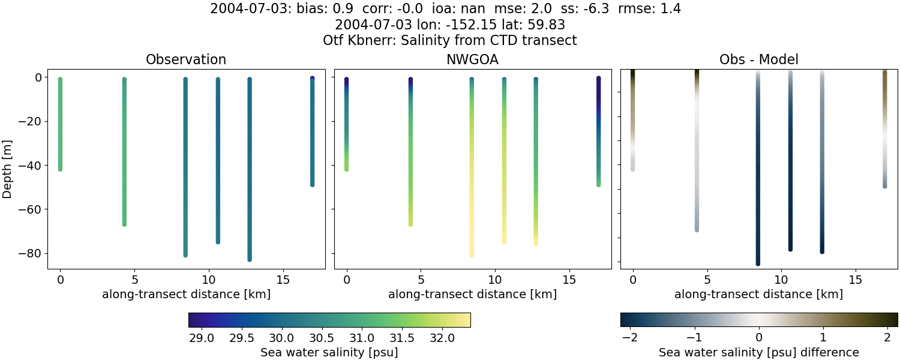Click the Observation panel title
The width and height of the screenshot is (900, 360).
tap(186, 59)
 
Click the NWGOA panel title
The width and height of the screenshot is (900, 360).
tap(472, 59)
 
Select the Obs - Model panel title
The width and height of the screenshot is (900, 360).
tap(758, 59)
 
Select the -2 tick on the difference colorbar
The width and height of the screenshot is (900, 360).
tap(630, 337)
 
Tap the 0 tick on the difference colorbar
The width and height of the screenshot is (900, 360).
tap(759, 337)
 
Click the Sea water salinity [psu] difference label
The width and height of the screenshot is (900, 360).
tap(758, 352)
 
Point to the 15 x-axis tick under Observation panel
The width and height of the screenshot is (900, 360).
tap(283, 280)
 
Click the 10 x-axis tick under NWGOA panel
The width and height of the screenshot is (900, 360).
tap(495, 280)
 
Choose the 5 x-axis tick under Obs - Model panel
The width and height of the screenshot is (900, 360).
tap(707, 280)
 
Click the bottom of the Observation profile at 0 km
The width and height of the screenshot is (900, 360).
tap(60, 169)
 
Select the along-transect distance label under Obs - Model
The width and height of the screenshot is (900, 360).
tap(758, 295)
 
